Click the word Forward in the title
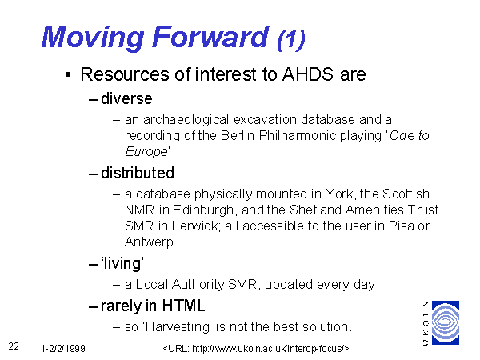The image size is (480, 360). coord(210,37)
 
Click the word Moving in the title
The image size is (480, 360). coord(93,38)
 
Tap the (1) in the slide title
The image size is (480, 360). coord(291,39)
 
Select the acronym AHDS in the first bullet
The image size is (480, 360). coord(308,74)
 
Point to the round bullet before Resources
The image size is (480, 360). coord(68,74)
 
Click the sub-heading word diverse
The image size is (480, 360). coord(126,98)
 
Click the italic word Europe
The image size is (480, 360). coord(146,151)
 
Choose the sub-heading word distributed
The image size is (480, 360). coord(138,173)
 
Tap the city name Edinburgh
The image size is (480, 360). coord(203,210)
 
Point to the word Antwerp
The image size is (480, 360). coord(149,242)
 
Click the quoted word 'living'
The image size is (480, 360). coord(122,263)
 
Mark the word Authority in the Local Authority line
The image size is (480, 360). coord(198,284)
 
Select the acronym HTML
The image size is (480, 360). coord(183,306)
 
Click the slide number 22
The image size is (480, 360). coord(14,346)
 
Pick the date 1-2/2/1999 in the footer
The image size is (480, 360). coord(63,348)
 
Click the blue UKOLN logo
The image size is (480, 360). coord(446,322)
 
